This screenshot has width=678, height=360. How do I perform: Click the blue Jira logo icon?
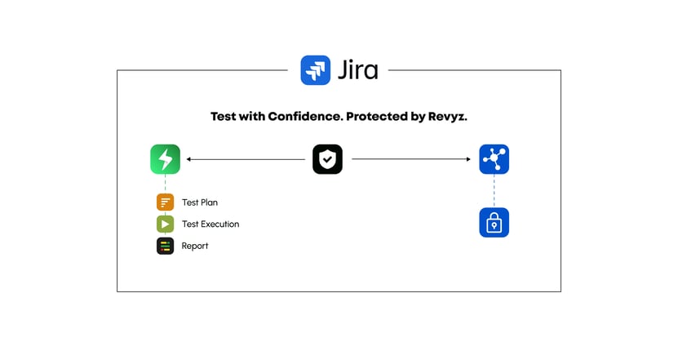[316, 70]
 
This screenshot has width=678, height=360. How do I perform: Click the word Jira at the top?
[357, 70]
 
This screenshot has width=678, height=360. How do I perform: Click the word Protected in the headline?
[376, 117]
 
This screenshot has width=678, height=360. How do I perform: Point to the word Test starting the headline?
[224, 117]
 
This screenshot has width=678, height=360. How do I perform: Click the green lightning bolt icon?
[165, 159]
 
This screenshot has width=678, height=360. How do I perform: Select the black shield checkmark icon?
[327, 159]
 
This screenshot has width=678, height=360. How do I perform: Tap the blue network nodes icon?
[494, 159]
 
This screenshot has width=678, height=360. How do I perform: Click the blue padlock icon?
[494, 222]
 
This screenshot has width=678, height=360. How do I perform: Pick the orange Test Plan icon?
[166, 202]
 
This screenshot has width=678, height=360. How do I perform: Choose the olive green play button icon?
[166, 224]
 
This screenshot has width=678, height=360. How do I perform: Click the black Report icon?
[166, 246]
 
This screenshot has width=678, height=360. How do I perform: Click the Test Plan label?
[200, 202]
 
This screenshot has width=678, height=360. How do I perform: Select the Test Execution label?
[210, 224]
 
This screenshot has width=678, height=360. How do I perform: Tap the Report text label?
[195, 246]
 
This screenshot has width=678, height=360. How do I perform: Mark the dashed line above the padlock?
[494, 191]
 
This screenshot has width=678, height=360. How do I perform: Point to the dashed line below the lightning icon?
[165, 184]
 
